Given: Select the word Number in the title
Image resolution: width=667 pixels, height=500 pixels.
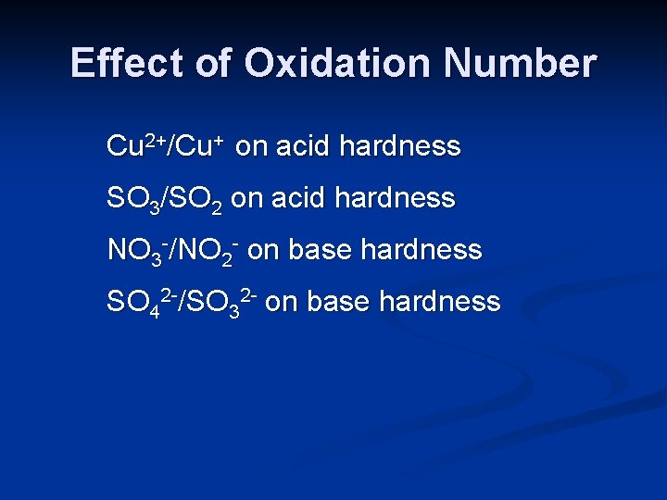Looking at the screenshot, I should coord(520,63).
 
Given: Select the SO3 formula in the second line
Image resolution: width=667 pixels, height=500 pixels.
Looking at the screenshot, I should coord(133,199).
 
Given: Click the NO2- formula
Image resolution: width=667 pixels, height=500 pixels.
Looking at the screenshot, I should coord(212,250).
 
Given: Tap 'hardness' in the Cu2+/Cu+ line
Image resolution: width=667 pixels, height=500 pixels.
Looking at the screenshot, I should coord(400,146).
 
